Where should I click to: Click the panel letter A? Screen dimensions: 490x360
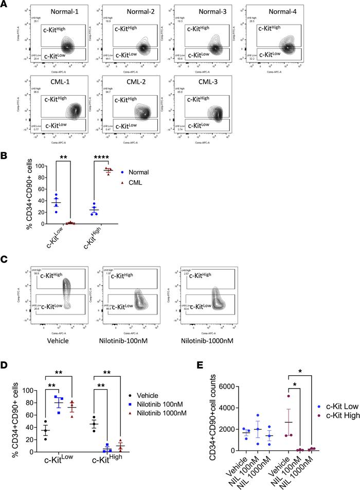coord(5,5)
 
